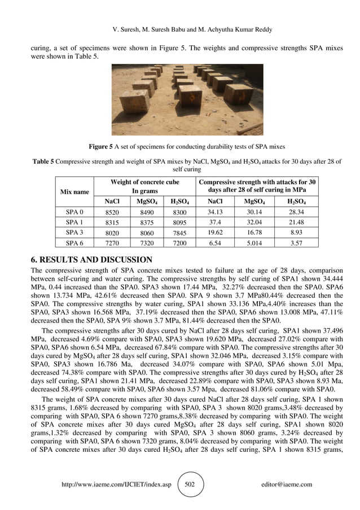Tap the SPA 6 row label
coord(74,243)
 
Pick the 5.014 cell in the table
coord(252,243)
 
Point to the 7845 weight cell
coord(179,232)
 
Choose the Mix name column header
coord(74,191)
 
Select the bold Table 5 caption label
coord(42,162)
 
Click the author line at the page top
coord(181,29)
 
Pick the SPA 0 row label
coord(74,212)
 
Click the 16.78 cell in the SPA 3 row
coord(252,232)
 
